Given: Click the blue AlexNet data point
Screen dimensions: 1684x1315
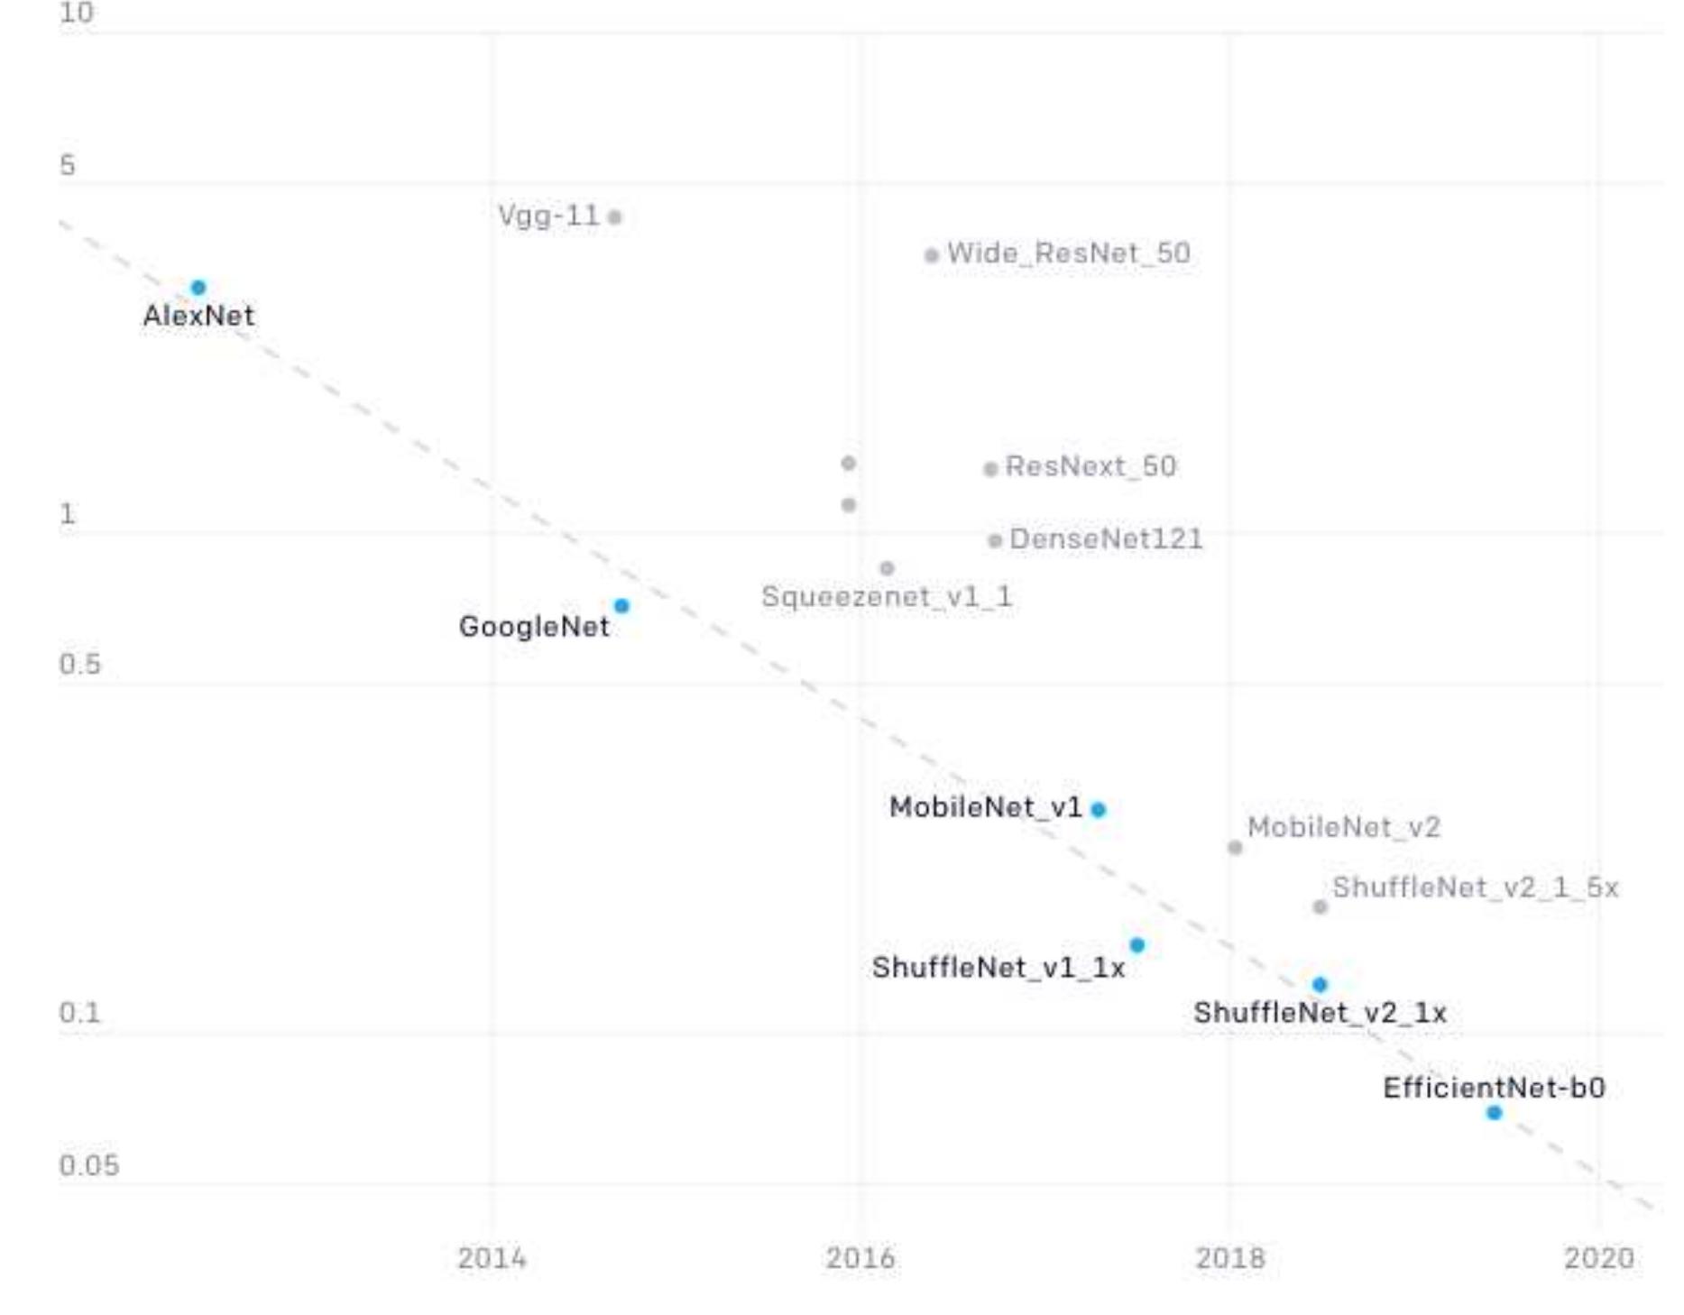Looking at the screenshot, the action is pos(198,288).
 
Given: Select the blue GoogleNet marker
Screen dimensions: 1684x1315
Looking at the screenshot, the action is pos(621,606).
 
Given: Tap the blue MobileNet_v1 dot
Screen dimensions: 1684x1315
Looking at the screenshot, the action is pos(1099,809).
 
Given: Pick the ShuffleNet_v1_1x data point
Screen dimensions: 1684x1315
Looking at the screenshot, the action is pos(1137,945).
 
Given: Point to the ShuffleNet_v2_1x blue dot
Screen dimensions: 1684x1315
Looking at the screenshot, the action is pos(1321,984).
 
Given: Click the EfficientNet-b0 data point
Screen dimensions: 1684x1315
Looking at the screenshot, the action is pos(1495,1113).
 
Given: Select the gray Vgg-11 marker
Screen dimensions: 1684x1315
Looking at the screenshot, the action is pos(615,217).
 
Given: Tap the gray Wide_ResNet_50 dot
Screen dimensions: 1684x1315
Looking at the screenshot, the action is pos(932,255).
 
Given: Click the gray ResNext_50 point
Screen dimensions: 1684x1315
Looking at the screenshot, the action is pos(990,469).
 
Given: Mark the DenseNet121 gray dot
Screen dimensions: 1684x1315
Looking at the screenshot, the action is pos(995,541).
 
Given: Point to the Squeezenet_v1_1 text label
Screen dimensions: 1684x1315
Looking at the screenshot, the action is pos(887,597).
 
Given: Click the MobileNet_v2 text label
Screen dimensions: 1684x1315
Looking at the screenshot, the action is pos(1344,827).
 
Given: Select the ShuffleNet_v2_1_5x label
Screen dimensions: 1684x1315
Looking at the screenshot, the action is pos(1476,887).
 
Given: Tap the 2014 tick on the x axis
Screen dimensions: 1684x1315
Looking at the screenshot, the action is pos(492,1258).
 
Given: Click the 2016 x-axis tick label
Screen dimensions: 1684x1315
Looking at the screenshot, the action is pos(860,1258).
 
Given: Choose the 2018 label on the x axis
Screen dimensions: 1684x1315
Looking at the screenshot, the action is pos(1230,1258).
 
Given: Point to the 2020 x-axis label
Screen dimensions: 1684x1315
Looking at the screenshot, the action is pos(1599,1258).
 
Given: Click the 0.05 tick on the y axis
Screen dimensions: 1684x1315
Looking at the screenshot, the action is pos(89,1165).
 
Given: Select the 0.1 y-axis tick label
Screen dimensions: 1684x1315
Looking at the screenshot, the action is pos(80,1013).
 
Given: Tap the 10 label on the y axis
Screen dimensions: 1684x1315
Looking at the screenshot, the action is pos(77,13).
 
